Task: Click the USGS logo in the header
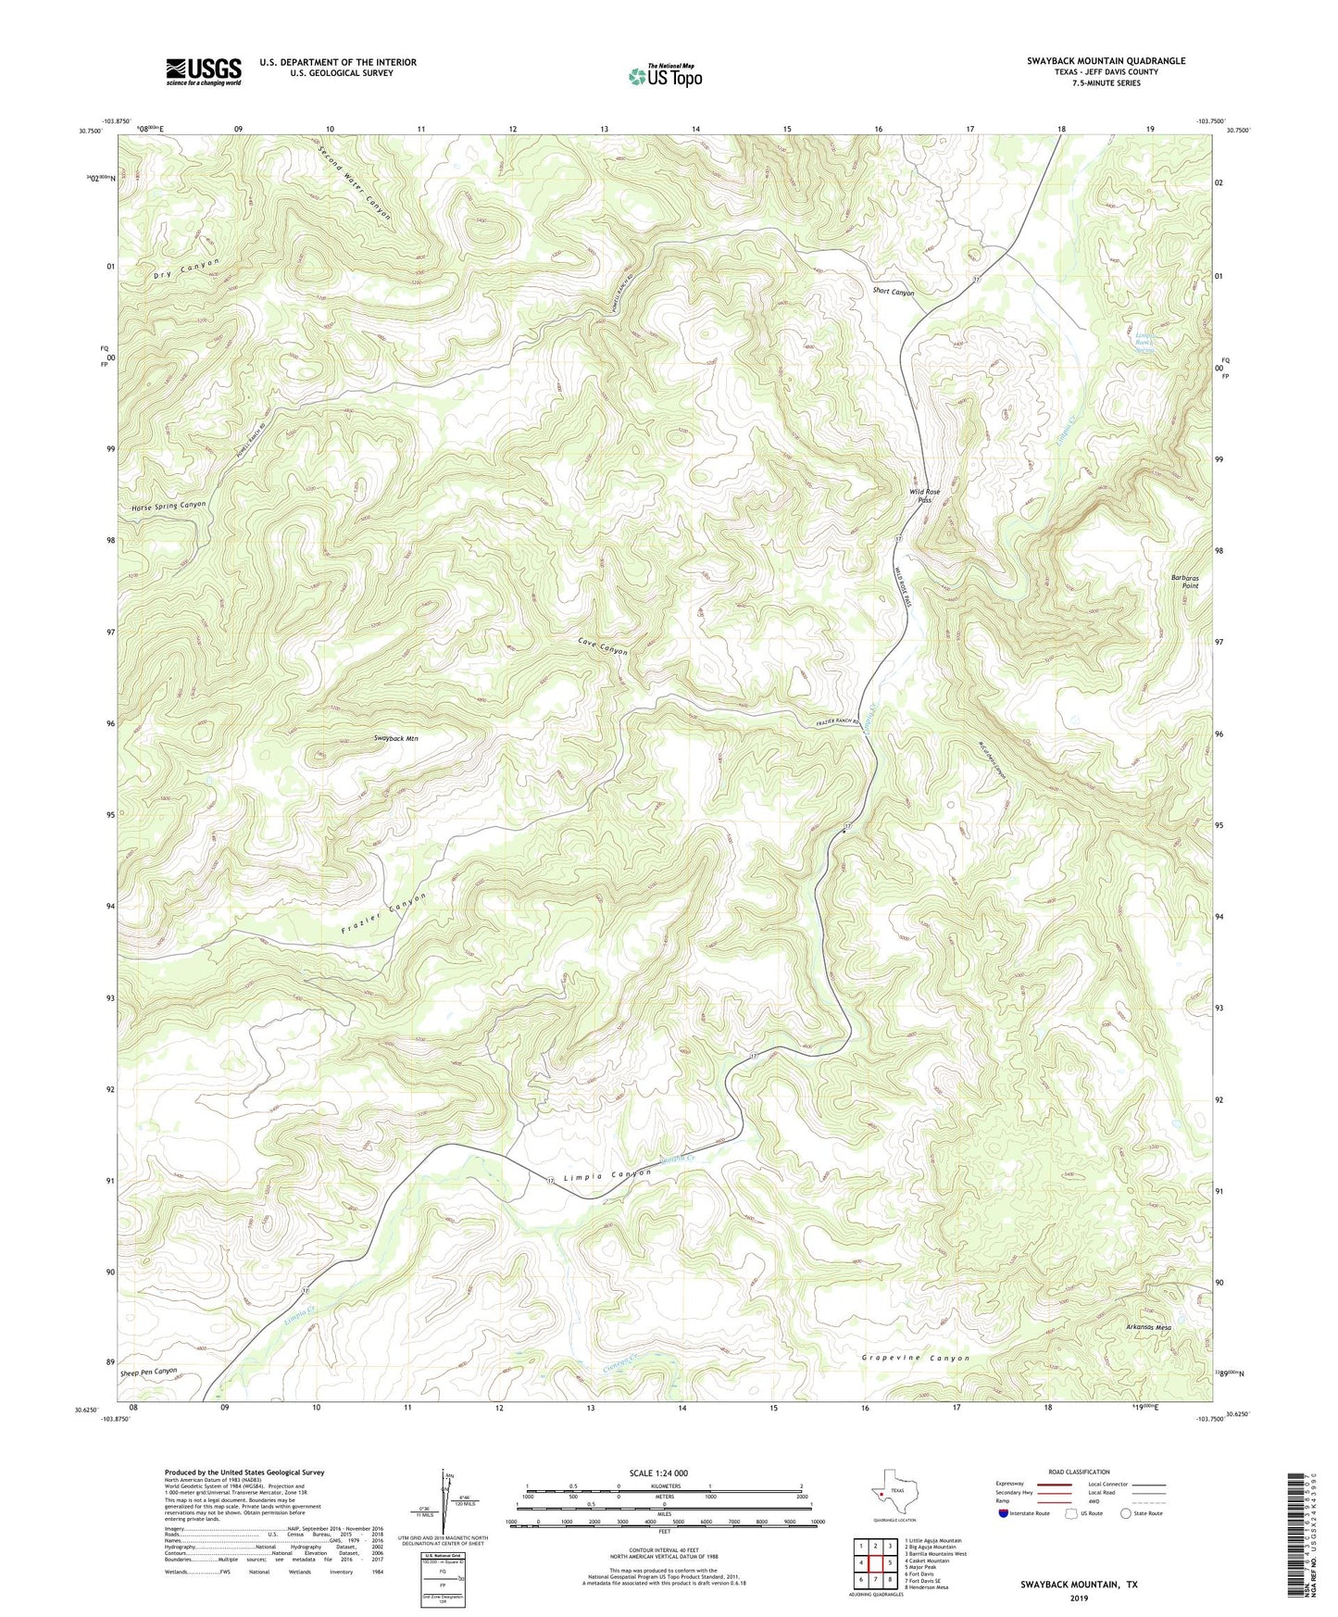[204, 71]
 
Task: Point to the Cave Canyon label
[603, 646]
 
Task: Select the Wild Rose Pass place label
[924, 495]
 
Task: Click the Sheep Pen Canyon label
[148, 1371]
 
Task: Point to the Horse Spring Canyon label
[169, 506]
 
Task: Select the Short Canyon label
[893, 292]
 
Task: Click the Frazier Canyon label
[383, 914]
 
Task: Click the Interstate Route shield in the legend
[1004, 1513]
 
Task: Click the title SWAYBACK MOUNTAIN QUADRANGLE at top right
[1106, 61]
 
